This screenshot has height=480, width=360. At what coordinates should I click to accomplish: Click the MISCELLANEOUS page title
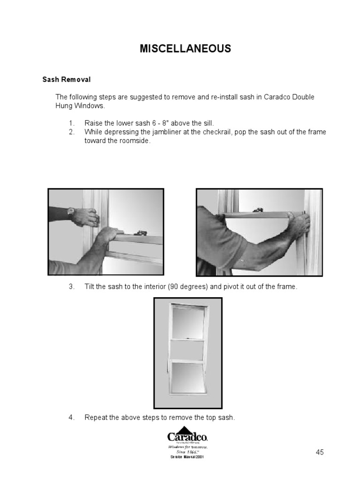pyautogui.click(x=185, y=49)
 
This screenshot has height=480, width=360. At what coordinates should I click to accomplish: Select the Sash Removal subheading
pyautogui.click(x=67, y=80)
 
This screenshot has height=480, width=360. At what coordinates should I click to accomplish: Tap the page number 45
pyautogui.click(x=319, y=452)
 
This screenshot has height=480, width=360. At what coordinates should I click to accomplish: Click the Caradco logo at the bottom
pyautogui.click(x=187, y=435)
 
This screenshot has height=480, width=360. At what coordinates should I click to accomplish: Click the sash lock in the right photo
pyautogui.click(x=257, y=210)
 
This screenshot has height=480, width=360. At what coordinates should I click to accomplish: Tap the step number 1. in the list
pyautogui.click(x=72, y=123)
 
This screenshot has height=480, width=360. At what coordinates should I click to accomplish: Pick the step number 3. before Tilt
pyautogui.click(x=72, y=286)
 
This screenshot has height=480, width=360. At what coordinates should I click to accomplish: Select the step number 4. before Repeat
pyautogui.click(x=72, y=417)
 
